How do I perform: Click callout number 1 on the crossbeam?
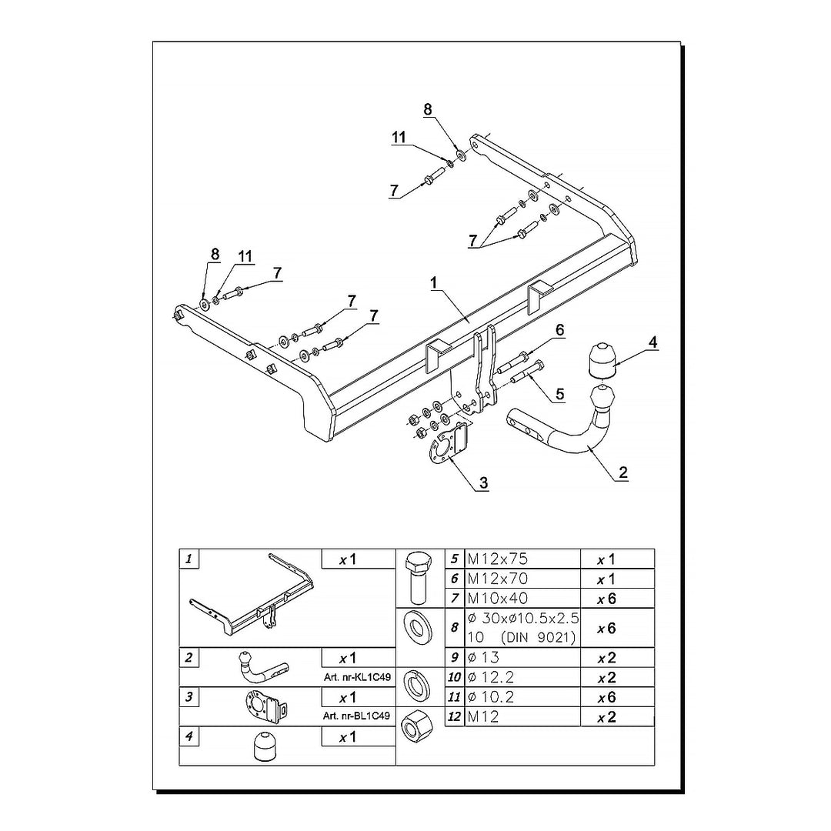click(x=434, y=283)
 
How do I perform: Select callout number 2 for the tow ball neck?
click(x=622, y=472)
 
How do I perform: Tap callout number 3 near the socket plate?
click(x=483, y=482)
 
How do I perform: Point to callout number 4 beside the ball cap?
click(x=652, y=342)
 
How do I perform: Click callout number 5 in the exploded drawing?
click(x=559, y=394)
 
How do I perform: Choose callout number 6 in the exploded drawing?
click(x=559, y=330)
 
